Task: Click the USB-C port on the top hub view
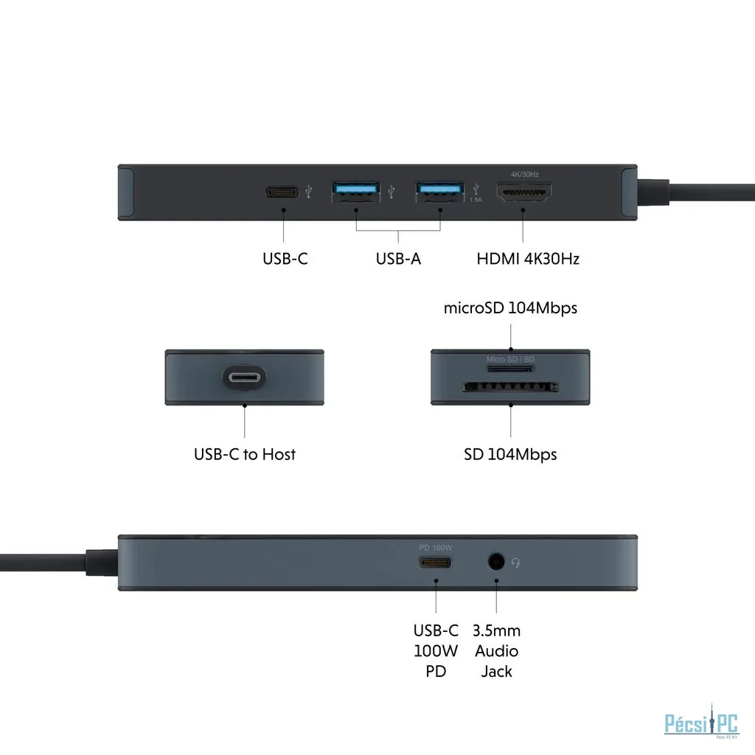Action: coord(283,192)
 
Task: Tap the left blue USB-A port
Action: coord(356,192)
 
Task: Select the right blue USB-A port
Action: coord(440,192)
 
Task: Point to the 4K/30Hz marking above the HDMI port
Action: coord(524,174)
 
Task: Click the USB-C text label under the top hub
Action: coord(285,259)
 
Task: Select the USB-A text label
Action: coord(398,259)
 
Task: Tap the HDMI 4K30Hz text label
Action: coord(528,259)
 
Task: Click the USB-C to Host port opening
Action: coord(244,378)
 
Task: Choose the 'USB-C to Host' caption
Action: coord(245,454)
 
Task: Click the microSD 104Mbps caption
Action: coord(510,308)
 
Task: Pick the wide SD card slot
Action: coord(510,386)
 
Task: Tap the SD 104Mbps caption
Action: coord(510,454)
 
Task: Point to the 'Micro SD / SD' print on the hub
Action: coord(510,360)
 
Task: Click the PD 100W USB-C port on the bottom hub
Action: coord(435,563)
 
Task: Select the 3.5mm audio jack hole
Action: coord(496,563)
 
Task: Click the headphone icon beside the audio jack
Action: coord(516,563)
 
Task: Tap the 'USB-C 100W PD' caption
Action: coord(436,650)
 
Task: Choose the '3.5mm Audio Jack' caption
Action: coord(497,650)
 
